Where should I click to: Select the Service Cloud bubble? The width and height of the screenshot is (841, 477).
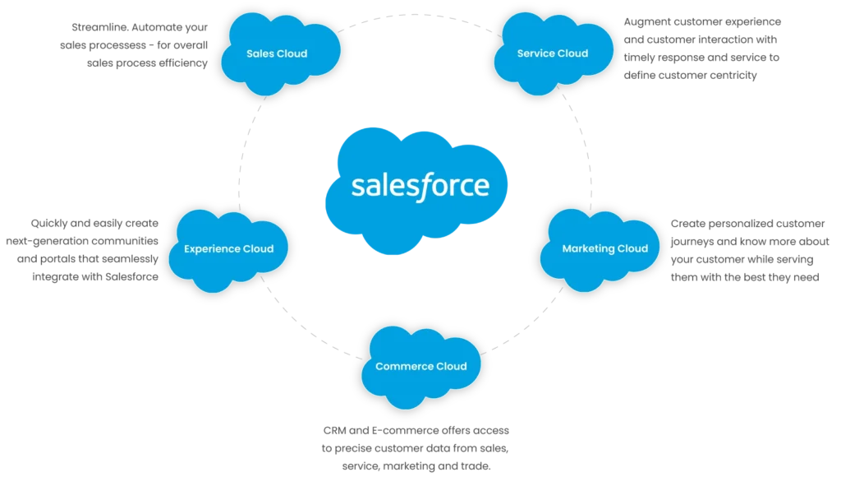[x=552, y=53]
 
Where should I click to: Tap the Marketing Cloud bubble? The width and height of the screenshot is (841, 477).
[x=604, y=248]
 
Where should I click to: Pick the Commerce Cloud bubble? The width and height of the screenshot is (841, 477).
[x=420, y=367]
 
